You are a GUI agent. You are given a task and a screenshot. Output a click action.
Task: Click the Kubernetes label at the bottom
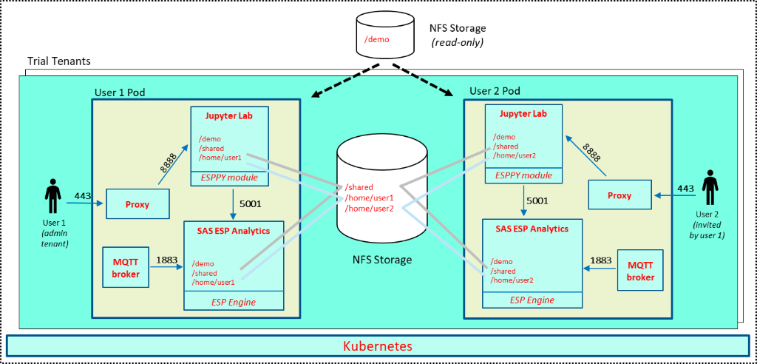(x=378, y=346)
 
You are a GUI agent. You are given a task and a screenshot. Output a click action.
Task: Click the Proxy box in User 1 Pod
(x=137, y=204)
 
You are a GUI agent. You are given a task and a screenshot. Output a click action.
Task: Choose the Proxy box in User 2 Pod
(x=619, y=195)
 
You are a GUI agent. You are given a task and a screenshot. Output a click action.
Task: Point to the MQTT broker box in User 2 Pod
(x=640, y=271)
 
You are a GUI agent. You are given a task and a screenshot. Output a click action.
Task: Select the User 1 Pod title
(x=120, y=92)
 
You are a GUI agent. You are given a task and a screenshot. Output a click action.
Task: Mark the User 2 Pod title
(x=495, y=91)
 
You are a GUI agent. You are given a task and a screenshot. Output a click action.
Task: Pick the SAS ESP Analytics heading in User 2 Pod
(x=532, y=229)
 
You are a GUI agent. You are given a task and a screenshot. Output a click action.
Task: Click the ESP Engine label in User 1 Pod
(x=234, y=302)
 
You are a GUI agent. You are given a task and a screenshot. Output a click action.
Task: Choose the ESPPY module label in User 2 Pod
(x=523, y=175)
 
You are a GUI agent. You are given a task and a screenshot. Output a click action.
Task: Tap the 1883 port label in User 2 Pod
(x=600, y=260)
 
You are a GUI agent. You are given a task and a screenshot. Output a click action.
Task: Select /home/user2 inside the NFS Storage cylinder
(x=369, y=208)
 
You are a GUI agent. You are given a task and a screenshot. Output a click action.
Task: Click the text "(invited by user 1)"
(x=710, y=230)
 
